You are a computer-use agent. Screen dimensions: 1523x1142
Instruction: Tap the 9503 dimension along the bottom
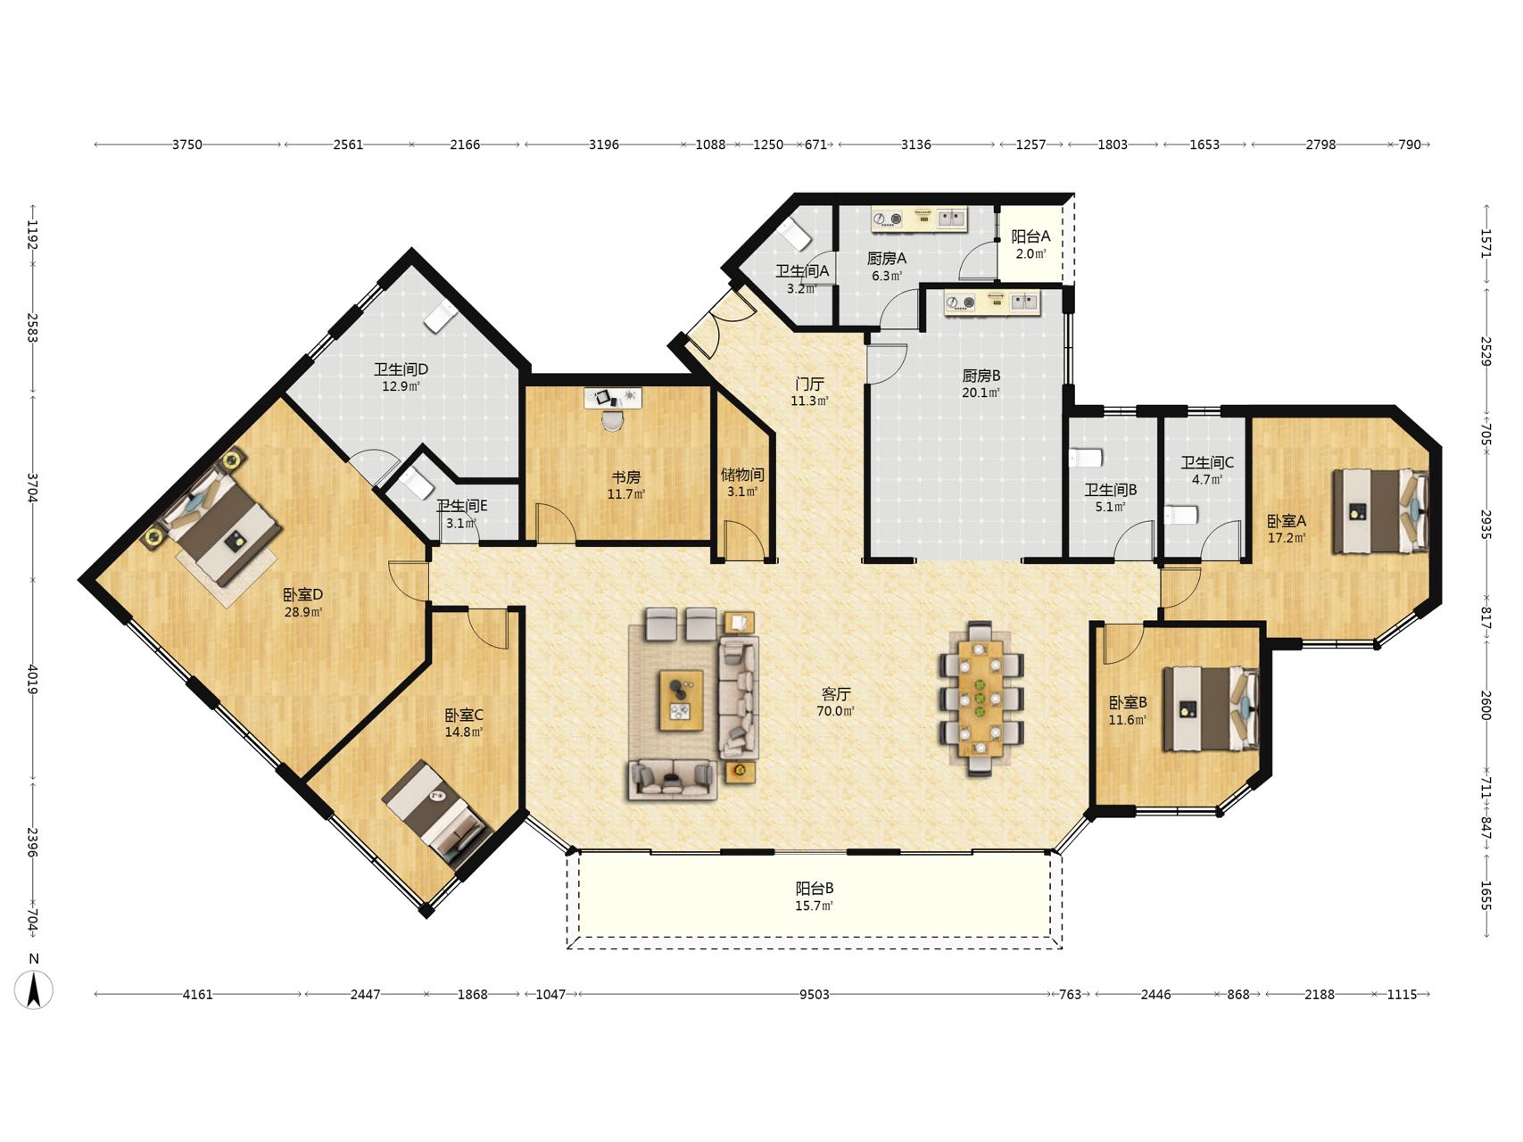(814, 994)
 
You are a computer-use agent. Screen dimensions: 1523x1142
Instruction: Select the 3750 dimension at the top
(187, 144)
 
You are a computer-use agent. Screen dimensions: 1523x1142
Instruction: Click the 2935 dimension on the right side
(1486, 525)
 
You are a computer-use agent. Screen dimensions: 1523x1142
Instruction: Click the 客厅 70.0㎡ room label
(836, 702)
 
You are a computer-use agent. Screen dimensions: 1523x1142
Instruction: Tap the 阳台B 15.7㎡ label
(815, 897)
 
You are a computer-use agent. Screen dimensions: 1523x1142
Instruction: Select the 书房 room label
(625, 477)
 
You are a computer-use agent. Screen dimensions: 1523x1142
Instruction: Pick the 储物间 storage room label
(742, 475)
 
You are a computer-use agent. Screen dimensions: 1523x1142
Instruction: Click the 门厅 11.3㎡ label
(809, 392)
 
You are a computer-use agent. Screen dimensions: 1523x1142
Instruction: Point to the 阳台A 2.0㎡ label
(1031, 244)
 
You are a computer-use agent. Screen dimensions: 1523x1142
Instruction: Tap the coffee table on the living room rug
(681, 701)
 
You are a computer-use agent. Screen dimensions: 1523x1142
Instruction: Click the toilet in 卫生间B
(1085, 458)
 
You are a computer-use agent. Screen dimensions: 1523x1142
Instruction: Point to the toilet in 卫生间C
(1180, 516)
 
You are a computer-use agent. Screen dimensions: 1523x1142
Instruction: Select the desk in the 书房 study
(613, 398)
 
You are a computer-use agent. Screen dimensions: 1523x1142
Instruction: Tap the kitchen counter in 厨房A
(919, 219)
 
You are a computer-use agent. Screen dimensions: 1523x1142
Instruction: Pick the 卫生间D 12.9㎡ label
(401, 377)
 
